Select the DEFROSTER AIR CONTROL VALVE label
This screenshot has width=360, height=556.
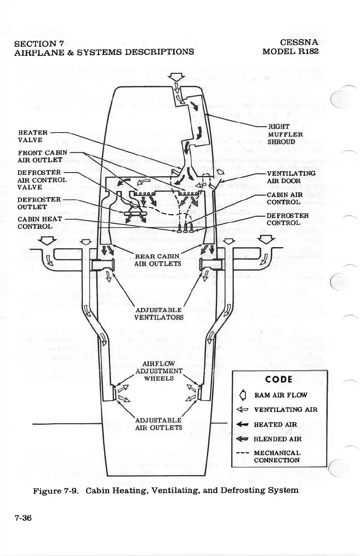click(x=42, y=179)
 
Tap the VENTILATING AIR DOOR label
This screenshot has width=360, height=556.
click(x=290, y=177)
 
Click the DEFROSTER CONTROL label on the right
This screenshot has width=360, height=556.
click(x=287, y=219)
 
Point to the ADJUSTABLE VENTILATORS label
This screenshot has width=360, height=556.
click(x=159, y=313)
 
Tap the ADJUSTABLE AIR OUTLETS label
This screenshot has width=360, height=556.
click(x=159, y=423)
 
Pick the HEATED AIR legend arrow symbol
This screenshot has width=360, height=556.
click(x=244, y=425)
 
